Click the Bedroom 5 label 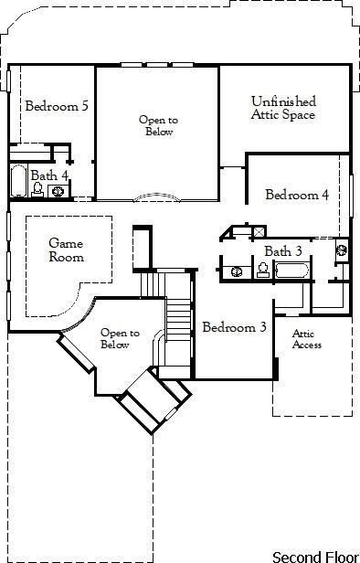[x=57, y=106]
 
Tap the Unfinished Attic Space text [x=283, y=108]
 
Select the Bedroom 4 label [x=297, y=195]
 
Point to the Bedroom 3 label [x=234, y=327]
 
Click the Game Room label [x=67, y=250]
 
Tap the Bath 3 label [x=283, y=251]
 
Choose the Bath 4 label [x=49, y=175]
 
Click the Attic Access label [x=306, y=339]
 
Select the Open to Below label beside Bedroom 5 [x=158, y=126]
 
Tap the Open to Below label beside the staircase [x=120, y=339]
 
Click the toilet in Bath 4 [x=38, y=190]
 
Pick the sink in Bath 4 [x=58, y=191]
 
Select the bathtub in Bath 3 [x=291, y=270]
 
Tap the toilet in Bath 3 [x=262, y=270]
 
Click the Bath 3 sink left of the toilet [x=237, y=271]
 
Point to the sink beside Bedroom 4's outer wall [x=342, y=248]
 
